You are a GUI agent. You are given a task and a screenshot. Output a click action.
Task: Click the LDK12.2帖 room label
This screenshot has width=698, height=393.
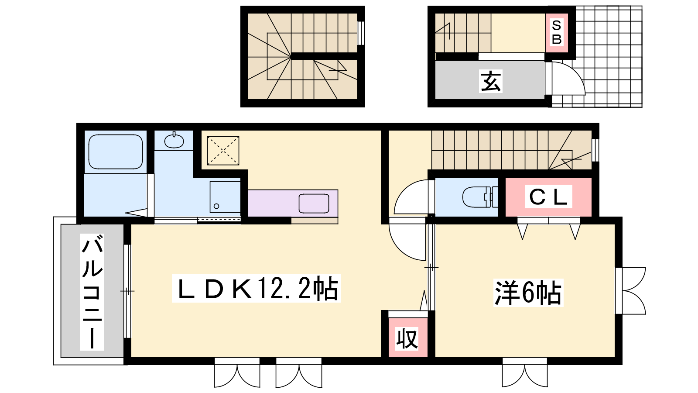(x=256, y=289)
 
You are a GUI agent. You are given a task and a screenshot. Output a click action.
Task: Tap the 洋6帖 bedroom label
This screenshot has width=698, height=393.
(x=528, y=293)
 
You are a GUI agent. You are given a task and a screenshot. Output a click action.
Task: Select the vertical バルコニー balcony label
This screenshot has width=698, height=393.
(x=92, y=292)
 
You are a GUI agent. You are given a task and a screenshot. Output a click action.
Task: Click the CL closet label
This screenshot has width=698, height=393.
(x=548, y=196)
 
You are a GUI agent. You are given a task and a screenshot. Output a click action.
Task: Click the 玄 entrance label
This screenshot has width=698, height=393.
(x=490, y=81)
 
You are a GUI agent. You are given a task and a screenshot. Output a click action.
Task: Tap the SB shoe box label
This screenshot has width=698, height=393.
(x=557, y=33)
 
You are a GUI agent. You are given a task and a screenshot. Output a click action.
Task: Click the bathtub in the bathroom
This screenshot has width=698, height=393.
(x=116, y=152)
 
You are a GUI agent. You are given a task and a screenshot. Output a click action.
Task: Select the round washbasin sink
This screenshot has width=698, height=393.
(x=174, y=141)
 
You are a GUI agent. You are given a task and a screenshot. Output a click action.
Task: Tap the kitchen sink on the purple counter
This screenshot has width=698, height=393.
(x=314, y=203)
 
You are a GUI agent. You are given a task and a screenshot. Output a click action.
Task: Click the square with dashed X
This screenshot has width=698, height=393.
(x=223, y=151)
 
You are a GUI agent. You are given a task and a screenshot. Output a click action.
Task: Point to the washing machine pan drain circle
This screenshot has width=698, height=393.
(x=216, y=206)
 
